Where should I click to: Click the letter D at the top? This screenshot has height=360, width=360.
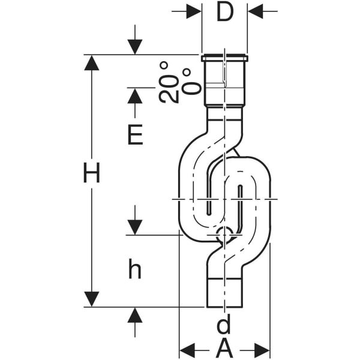pos(224,11)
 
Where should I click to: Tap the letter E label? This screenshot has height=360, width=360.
pos(135,136)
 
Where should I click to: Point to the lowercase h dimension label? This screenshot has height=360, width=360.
pos(135,270)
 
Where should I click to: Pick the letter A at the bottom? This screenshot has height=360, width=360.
pos(224,348)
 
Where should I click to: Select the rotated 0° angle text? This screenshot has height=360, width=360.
pos(191,81)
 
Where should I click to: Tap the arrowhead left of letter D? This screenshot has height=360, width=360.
pos(193,11)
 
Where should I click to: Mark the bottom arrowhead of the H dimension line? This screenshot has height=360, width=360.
pos(91,299)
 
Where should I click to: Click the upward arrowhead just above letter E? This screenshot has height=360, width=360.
pos(135,95)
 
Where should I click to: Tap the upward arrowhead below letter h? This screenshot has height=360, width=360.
pos(135,315)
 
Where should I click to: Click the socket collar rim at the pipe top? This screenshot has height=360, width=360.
pos(224,58)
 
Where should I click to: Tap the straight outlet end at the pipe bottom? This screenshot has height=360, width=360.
pos(224,294)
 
